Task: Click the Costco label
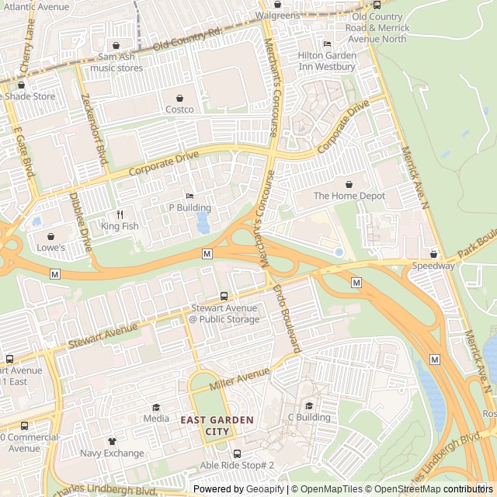[179, 109]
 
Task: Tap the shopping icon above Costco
[180, 98]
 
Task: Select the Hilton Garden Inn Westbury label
[327, 61]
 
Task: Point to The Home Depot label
[349, 196]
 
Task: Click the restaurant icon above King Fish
[120, 214]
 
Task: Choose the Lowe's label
[51, 248]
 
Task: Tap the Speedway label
[433, 266]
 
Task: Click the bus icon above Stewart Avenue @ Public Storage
[224, 296]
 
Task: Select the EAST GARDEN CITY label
[206, 425]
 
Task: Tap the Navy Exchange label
[112, 453]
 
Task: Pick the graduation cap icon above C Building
[309, 405]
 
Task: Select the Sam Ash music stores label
[116, 63]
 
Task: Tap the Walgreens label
[278, 16]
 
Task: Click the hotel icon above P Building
[190, 196]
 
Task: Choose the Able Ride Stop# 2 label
[238, 465]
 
